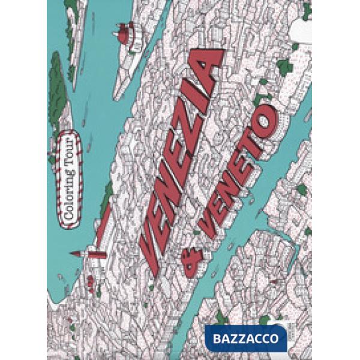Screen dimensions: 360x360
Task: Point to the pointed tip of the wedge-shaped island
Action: tap(115, 95)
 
